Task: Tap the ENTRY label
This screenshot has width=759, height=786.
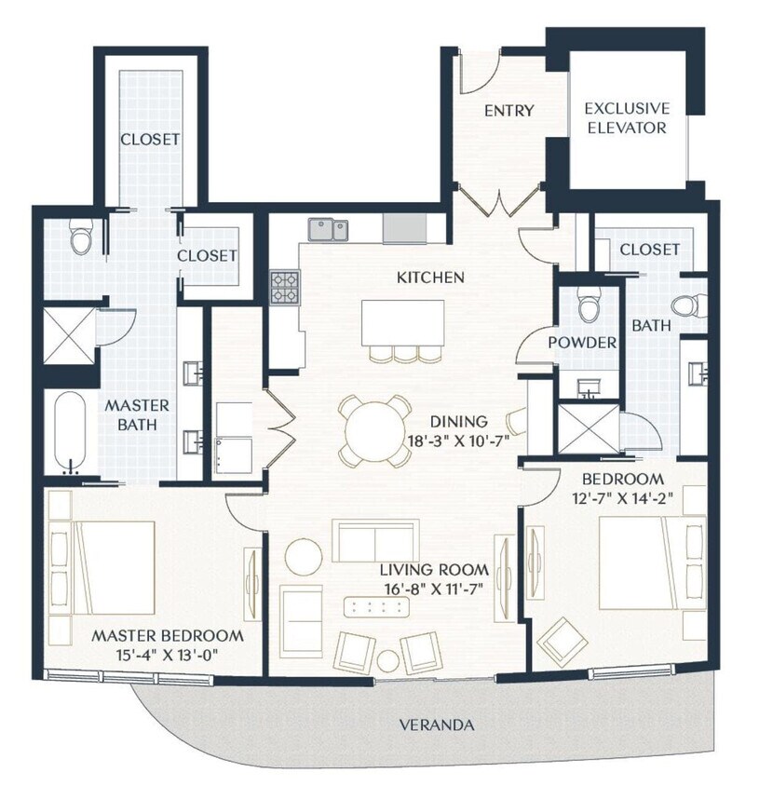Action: [508, 111]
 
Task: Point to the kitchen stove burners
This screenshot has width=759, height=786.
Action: [285, 286]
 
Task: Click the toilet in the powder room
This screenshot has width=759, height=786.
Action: [588, 305]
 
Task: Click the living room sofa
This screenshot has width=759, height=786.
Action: [373, 540]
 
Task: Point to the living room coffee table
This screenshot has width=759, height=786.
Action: [378, 607]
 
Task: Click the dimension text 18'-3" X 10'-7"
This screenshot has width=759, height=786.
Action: [456, 440]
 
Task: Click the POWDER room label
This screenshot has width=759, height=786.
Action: [582, 343]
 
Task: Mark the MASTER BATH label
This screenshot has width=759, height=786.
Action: [137, 415]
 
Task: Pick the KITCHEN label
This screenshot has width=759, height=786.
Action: [430, 277]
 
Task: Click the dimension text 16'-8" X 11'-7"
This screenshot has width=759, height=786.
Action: [434, 588]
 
